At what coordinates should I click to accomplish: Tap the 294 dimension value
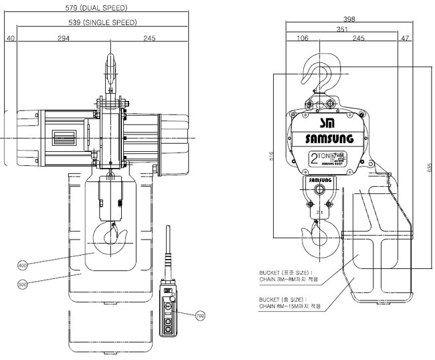click(62, 37)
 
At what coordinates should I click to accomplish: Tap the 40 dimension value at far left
click(10, 38)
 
